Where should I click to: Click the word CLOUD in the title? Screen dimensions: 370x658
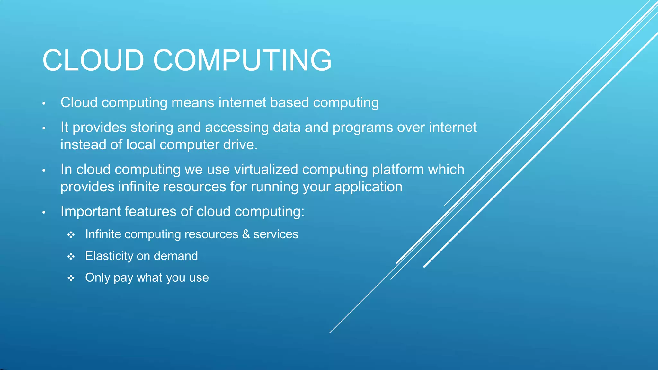click(x=93, y=60)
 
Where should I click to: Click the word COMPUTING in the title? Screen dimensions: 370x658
click(x=242, y=60)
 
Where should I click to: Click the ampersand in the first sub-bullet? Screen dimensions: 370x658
click(x=246, y=234)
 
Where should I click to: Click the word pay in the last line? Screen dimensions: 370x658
click(x=123, y=278)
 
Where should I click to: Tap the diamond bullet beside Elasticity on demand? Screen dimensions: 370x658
click(x=71, y=257)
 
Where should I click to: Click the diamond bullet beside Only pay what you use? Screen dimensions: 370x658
click(x=71, y=278)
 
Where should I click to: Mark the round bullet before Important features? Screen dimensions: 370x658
click(x=44, y=212)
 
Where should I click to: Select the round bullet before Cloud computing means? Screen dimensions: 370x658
click(x=44, y=103)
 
